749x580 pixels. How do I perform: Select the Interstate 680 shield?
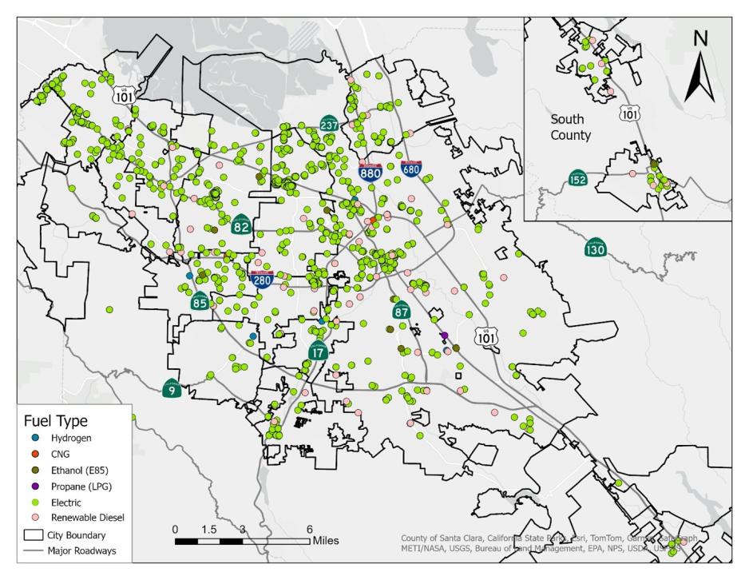pyautogui.click(x=411, y=169)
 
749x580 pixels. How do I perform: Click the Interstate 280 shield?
pyautogui.click(x=261, y=279)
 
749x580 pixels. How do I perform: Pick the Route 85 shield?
pyautogui.click(x=200, y=302)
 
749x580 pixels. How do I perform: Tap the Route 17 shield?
pyautogui.click(x=318, y=349)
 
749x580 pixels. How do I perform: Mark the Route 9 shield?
pyautogui.click(x=171, y=389)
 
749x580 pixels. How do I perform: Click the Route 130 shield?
pyautogui.click(x=596, y=248)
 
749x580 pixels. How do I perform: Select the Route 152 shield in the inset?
pyautogui.click(x=579, y=178)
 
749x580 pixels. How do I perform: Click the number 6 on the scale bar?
pyautogui.click(x=309, y=530)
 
